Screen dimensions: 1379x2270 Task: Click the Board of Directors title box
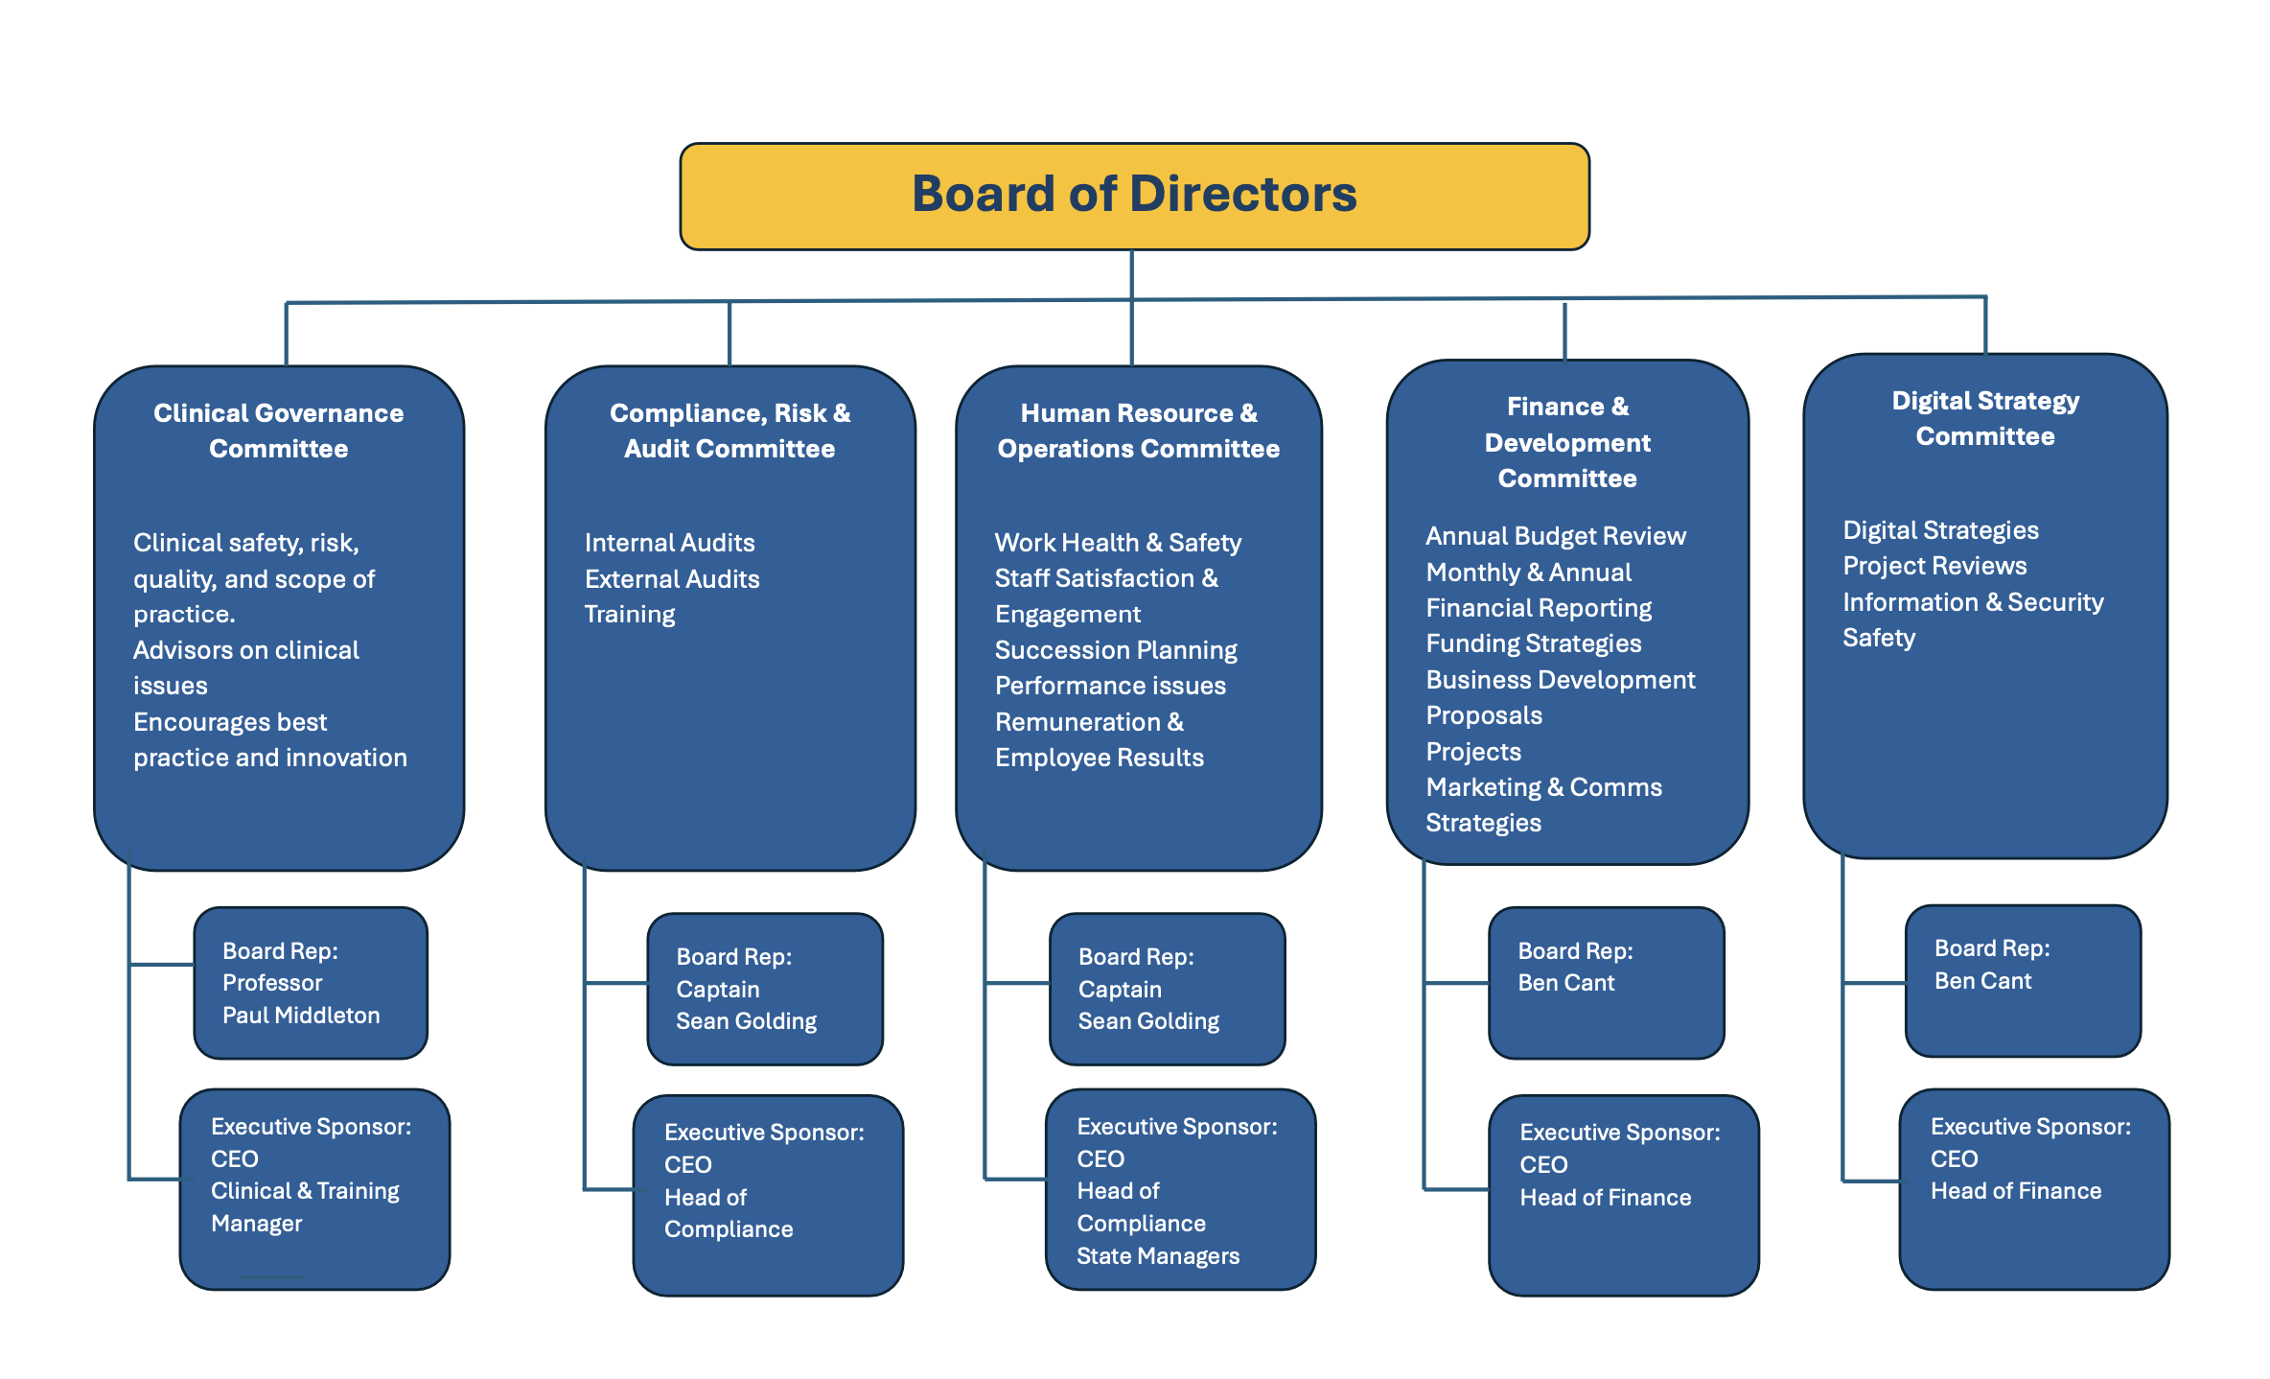[x=1134, y=196]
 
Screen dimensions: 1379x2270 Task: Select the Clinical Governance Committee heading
[x=278, y=431]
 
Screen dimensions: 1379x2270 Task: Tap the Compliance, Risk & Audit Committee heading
[x=730, y=431]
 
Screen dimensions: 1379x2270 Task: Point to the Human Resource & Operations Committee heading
[x=1138, y=431]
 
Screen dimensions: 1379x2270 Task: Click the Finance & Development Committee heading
[x=1567, y=442]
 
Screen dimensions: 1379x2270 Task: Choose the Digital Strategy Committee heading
[x=1984, y=418]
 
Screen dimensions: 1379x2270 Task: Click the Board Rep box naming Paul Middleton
[x=311, y=983]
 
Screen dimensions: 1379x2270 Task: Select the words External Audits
[x=672, y=579]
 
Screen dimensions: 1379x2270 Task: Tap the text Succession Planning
[x=1116, y=650]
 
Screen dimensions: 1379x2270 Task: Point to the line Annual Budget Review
[x=1555, y=536]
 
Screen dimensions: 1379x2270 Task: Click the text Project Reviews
[x=1934, y=566]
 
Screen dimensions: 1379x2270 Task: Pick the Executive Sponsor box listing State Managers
[x=1180, y=1189]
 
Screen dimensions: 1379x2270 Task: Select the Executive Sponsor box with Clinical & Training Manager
[x=314, y=1189]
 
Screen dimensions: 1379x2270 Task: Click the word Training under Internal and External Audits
[x=630, y=615]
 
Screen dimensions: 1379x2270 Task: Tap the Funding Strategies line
[x=1533, y=643]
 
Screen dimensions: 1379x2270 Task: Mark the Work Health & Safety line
[x=1118, y=543]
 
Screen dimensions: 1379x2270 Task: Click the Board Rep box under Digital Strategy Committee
[x=2023, y=981]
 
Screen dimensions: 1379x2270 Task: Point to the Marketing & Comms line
[x=1543, y=787]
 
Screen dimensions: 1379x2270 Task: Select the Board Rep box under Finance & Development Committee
[x=1606, y=983]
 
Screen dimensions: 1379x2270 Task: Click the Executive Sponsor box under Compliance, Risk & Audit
[x=768, y=1195]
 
